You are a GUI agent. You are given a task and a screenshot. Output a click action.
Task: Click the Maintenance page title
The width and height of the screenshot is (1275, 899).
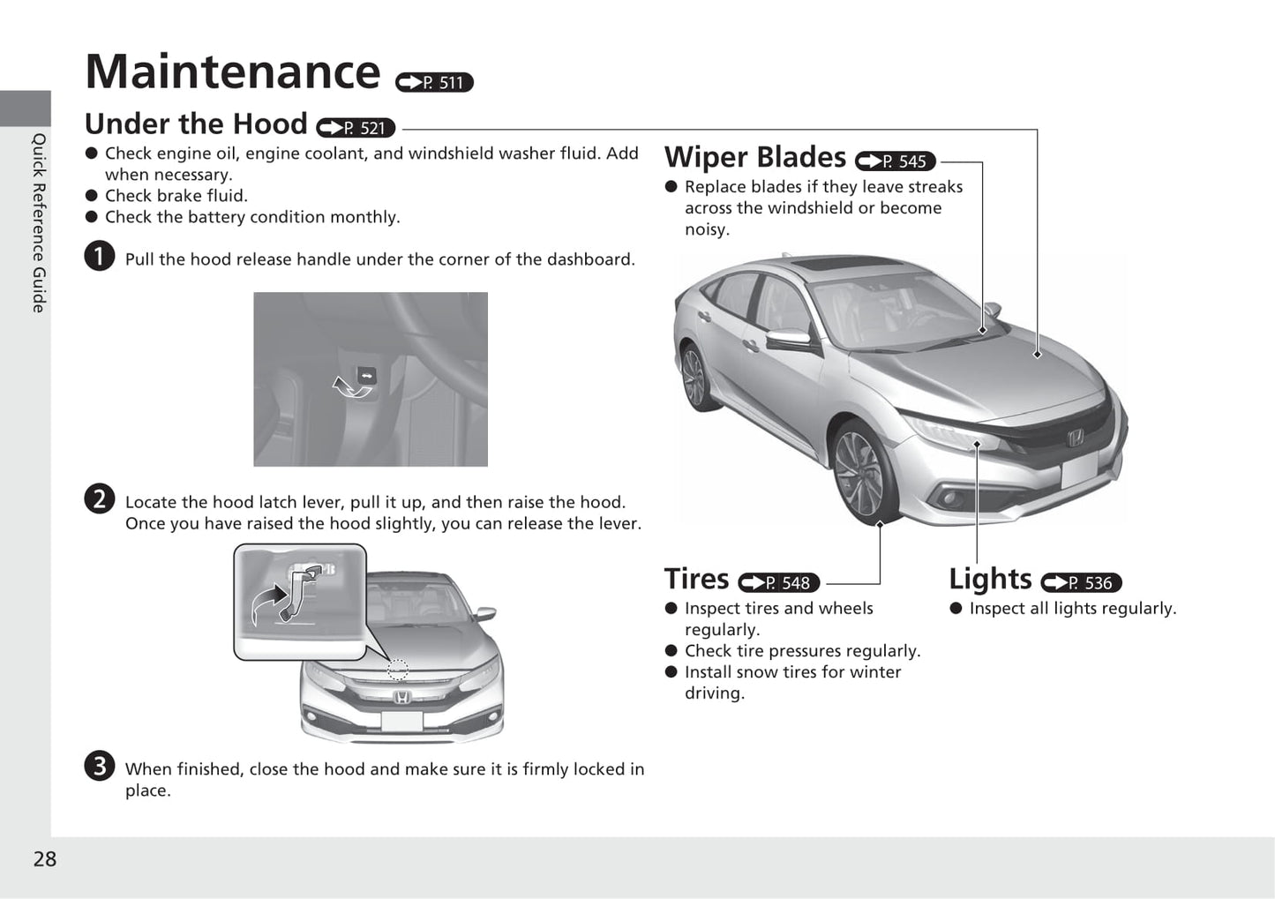[x=233, y=71]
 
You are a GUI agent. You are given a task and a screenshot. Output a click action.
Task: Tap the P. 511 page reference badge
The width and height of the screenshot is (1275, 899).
[x=434, y=82]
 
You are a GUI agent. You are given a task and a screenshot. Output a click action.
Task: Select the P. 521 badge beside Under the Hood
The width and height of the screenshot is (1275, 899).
[x=356, y=128]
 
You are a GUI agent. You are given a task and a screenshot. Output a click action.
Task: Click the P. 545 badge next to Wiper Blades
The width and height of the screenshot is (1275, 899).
[x=895, y=161]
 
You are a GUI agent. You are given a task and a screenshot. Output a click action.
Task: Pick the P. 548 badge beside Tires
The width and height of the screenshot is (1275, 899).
[x=778, y=583]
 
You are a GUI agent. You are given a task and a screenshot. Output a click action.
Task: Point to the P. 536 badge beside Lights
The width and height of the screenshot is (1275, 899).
[x=1081, y=583]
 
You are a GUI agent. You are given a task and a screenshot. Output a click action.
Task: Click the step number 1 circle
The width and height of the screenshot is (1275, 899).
[x=100, y=256]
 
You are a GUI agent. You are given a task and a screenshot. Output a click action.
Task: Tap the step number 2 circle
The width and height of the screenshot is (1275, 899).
[x=100, y=498]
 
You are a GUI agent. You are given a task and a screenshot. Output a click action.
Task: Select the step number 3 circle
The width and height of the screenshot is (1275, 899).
[x=100, y=765]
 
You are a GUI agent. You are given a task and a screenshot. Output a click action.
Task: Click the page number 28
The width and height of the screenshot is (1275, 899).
[x=45, y=859]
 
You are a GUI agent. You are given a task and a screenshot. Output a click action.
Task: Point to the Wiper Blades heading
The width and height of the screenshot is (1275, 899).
[x=754, y=157]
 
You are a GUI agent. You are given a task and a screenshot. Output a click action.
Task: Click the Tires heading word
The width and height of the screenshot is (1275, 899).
[x=696, y=579]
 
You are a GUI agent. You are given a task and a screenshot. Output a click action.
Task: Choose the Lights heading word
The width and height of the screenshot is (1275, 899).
[x=990, y=579]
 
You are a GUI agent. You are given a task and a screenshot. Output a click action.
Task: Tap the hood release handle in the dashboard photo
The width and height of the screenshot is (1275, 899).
[x=365, y=376]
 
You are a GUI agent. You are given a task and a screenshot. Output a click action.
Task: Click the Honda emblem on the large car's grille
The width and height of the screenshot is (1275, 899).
[x=1076, y=438]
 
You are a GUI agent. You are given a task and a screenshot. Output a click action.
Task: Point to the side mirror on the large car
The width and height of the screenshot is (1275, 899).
[x=788, y=338]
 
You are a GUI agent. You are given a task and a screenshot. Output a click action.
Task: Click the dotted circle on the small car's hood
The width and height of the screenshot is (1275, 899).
[x=398, y=670]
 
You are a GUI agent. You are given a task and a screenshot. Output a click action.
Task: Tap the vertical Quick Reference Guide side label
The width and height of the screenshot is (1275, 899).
[x=39, y=222]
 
